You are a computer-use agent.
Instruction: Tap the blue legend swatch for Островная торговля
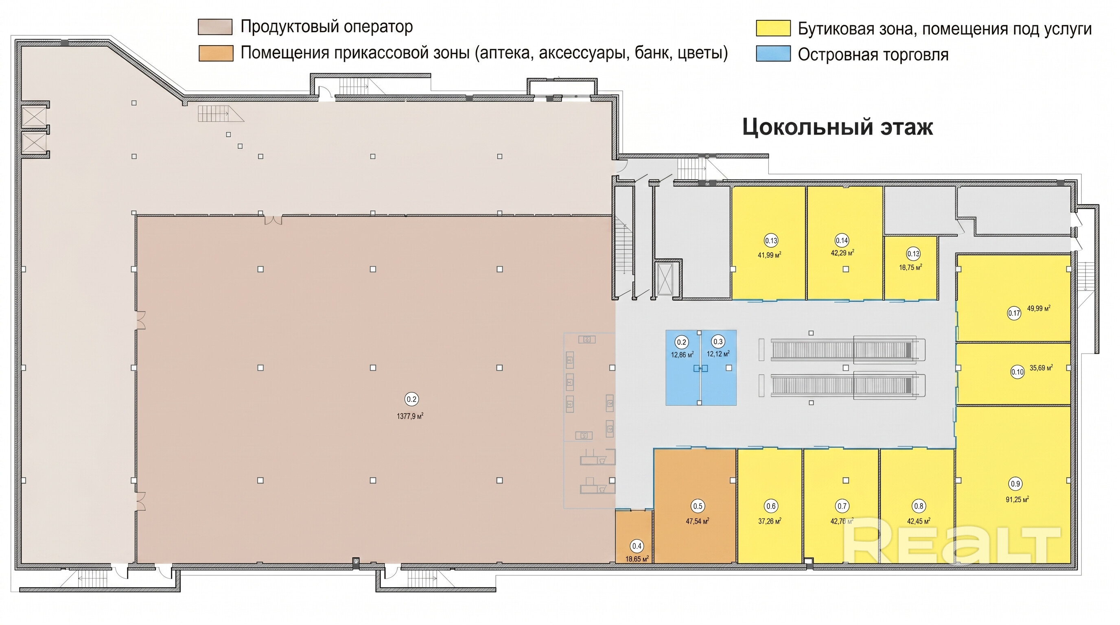tap(773, 54)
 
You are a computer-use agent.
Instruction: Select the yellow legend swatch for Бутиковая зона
tap(773, 28)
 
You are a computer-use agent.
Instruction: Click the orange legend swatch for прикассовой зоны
tap(216, 53)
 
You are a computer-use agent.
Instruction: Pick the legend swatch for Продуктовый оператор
tap(215, 27)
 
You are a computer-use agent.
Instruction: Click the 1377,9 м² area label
tap(410, 416)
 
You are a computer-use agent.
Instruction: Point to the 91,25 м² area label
tap(1017, 499)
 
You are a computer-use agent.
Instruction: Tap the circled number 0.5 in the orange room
tap(698, 506)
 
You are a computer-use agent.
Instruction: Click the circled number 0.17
tap(1014, 313)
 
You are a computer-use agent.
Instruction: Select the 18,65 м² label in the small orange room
tap(637, 559)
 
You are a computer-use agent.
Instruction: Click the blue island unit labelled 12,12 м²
tap(718, 368)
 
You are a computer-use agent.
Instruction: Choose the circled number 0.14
tap(842, 240)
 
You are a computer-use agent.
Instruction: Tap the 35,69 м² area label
tap(1041, 368)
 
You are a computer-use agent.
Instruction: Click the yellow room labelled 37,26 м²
tap(770, 506)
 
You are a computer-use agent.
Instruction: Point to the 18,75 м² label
tap(911, 267)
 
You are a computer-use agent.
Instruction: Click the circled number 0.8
tap(919, 506)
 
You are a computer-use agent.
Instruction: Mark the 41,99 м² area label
tap(770, 255)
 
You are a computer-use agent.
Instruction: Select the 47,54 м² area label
tap(698, 521)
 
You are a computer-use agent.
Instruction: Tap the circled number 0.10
tap(1017, 372)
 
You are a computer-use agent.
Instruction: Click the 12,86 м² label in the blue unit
tap(682, 355)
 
